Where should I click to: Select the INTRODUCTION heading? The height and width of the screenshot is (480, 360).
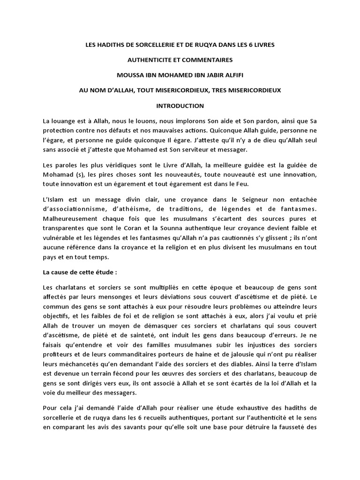pyautogui.click(x=180, y=105)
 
